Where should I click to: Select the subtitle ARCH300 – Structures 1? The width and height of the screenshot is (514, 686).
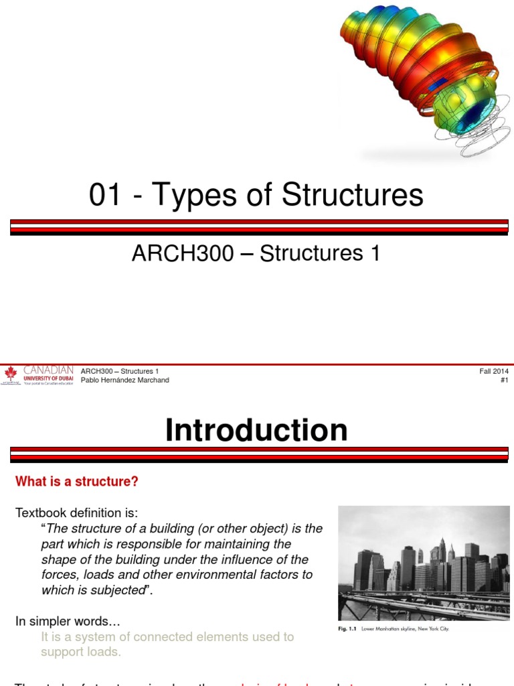tap(257, 253)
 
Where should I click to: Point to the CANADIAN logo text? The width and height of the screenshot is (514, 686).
tap(48, 370)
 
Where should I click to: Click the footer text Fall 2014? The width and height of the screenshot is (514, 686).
tap(494, 371)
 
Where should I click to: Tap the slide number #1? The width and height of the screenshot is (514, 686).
tap(504, 381)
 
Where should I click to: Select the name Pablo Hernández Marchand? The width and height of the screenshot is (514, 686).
tap(124, 381)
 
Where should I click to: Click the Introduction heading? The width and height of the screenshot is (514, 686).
tap(257, 430)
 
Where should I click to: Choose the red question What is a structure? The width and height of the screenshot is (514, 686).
tap(77, 481)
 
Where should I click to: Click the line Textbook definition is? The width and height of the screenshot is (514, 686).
tap(76, 513)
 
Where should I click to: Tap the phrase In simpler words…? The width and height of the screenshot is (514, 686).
tap(68, 622)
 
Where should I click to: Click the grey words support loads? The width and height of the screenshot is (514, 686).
tap(81, 651)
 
